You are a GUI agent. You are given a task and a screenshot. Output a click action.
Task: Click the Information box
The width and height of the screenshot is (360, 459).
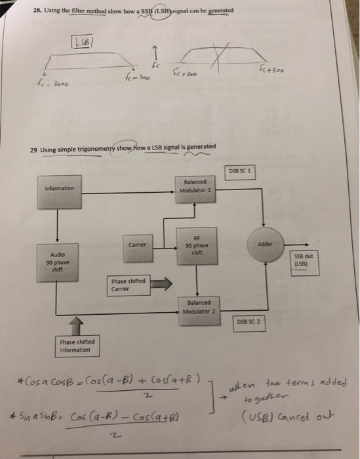coord(60,189)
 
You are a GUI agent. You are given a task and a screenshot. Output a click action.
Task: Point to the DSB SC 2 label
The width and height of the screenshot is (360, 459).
coord(249,322)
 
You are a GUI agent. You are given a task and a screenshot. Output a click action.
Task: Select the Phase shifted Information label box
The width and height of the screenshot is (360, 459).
coord(77,345)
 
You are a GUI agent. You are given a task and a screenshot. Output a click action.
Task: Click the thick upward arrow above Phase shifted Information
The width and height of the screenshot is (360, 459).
coord(77,324)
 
